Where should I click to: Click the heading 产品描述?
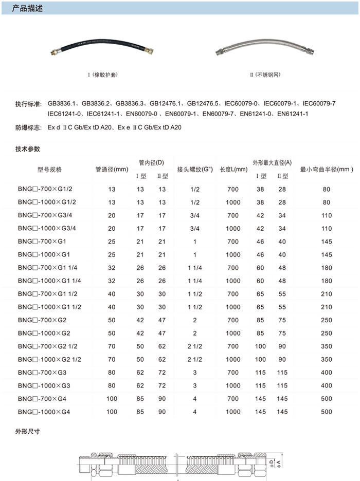[x=24, y=7]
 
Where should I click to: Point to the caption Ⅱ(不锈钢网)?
[x=265, y=75]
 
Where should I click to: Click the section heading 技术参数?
[x=28, y=149]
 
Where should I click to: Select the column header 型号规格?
[x=49, y=170]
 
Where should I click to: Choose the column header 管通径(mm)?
[x=112, y=170]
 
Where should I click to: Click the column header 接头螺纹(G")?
[x=195, y=170]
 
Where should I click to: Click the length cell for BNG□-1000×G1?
[x=233, y=255]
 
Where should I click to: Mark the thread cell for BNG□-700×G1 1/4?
[x=195, y=268]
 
